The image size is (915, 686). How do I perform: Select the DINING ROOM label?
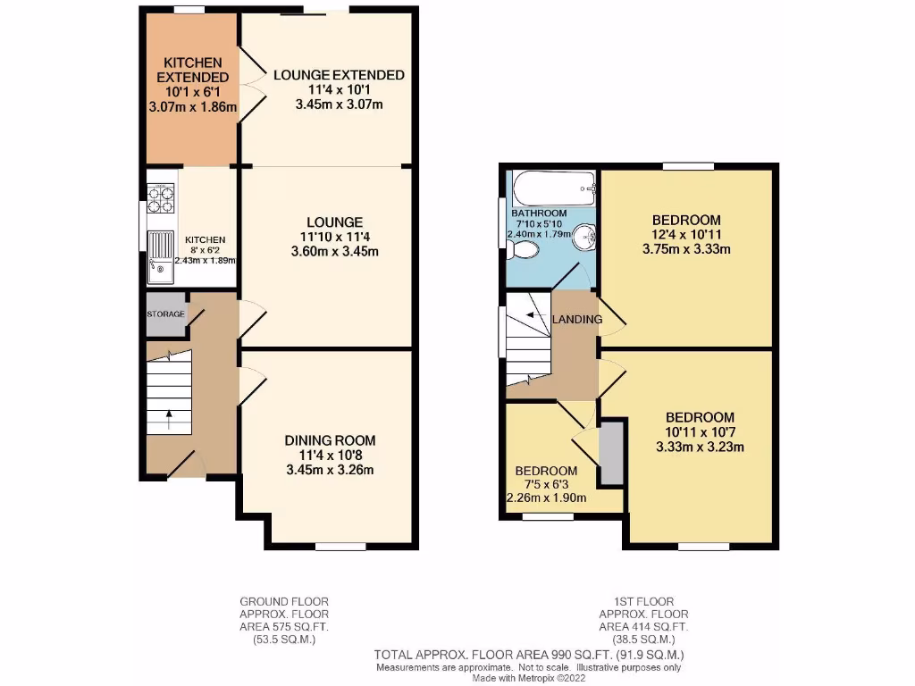330,440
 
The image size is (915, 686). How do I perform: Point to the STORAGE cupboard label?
165,314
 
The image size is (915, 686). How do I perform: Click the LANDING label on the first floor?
577,319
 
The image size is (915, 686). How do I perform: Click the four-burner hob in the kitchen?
160,198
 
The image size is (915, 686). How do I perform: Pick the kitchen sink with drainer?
161,254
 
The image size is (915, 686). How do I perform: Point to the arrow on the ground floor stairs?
170,414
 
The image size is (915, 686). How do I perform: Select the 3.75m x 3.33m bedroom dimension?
686,249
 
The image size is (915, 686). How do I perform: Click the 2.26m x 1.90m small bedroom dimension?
546,498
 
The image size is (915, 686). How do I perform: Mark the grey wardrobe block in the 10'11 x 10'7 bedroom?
612,454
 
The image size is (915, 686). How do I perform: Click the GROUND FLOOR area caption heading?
284,601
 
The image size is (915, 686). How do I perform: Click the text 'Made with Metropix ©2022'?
528,679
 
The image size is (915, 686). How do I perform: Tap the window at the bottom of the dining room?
335,546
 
